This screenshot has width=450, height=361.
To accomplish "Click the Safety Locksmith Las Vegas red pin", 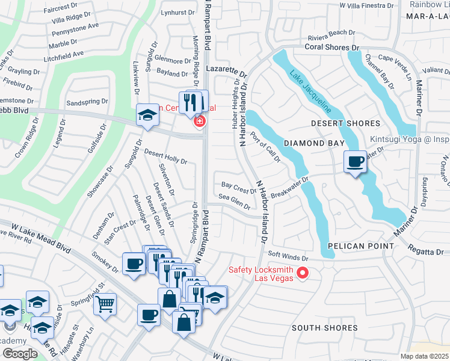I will tap(303, 274).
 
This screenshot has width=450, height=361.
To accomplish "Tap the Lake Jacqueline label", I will tap(310, 92).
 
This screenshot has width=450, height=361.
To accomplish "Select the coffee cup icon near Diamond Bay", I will tap(355, 162).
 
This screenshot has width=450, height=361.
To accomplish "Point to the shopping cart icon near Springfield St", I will tap(105, 305).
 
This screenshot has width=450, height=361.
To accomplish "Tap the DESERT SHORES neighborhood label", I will tap(345, 123).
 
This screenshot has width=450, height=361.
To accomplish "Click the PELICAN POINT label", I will tap(360, 246).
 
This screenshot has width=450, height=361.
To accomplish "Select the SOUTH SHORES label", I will tap(324, 328).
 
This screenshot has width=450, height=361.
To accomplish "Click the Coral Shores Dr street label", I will tap(331, 46).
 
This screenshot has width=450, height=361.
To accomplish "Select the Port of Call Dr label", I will tap(265, 147).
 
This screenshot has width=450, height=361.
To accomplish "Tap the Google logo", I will tap(19, 353).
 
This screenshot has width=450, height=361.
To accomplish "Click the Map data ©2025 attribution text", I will tap(424, 356).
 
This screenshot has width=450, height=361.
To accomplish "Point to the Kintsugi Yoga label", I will tap(409, 140).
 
